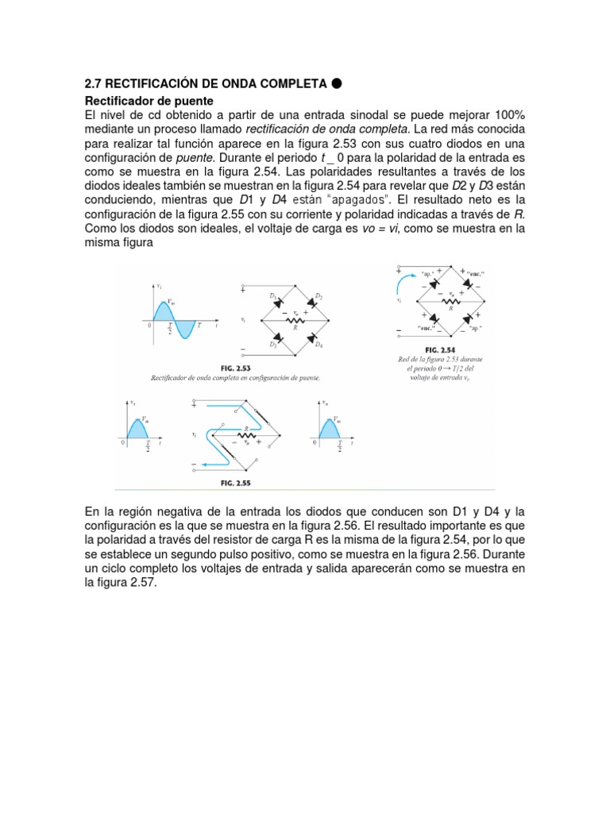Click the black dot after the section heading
point(337,83)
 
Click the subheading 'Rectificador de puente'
point(149,101)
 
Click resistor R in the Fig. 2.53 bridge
point(295,321)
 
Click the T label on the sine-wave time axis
point(199,326)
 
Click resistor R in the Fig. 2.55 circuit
point(245,436)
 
